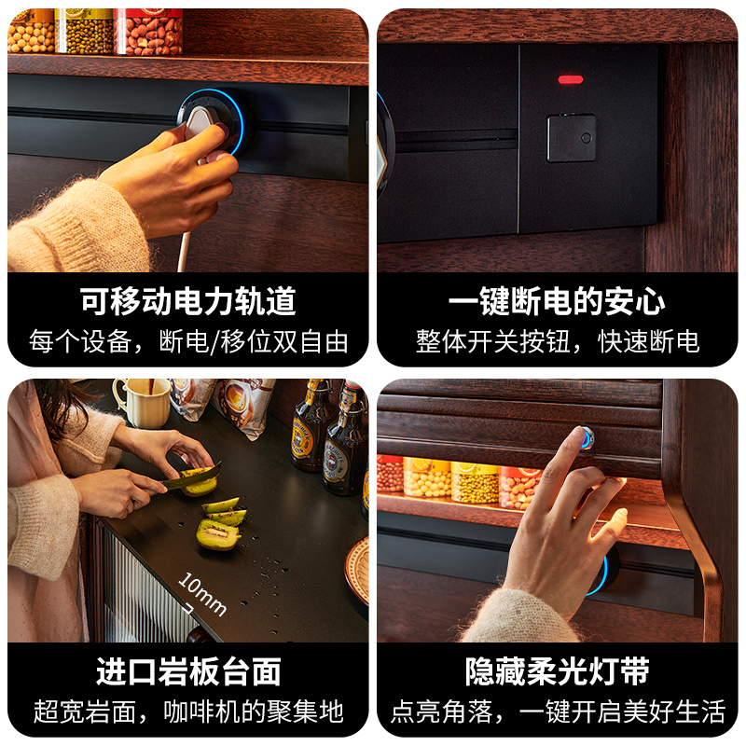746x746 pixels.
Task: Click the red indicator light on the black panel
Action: (571, 79)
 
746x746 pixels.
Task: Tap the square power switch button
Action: (572, 137)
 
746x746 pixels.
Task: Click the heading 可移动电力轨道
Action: (188, 300)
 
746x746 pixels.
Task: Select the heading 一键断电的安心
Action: (557, 300)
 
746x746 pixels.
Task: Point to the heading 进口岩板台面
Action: (188, 671)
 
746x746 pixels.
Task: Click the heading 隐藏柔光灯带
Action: (557, 671)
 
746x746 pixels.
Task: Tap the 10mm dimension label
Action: (202, 594)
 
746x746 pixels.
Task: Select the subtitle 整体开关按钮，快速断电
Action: (557, 341)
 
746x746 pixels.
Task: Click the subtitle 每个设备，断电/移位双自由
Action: (188, 341)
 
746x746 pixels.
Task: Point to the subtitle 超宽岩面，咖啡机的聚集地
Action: (188, 711)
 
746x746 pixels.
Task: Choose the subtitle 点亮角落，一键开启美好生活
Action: (558, 711)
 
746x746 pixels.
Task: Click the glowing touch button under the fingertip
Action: (587, 437)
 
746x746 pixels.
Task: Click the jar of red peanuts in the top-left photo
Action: (148, 31)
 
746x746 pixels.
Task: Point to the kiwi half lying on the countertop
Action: (218, 534)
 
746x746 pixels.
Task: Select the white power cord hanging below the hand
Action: (183, 252)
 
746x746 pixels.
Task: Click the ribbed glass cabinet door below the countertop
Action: (143, 590)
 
